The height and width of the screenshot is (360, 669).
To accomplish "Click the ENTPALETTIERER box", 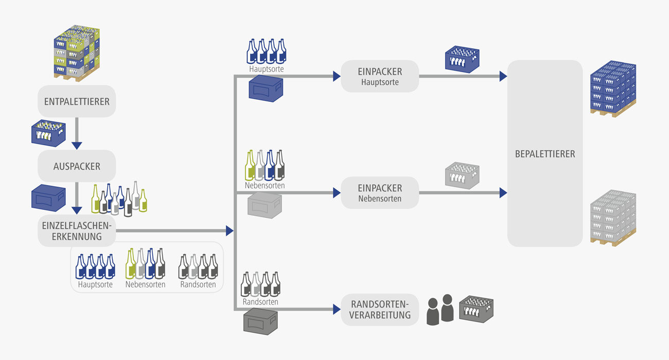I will [x=77, y=101].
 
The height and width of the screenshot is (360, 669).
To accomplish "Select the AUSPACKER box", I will [x=77, y=166].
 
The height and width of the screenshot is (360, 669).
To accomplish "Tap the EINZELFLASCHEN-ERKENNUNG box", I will [x=77, y=231].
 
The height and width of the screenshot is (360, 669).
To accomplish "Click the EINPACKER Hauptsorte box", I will [x=380, y=77].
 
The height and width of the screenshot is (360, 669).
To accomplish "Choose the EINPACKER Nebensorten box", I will [x=380, y=193].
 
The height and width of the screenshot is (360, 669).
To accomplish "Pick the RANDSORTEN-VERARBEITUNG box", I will [x=380, y=310].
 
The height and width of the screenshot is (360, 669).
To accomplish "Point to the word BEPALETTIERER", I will [x=545, y=153].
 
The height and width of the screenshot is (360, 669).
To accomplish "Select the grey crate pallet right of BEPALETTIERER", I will [x=613, y=218].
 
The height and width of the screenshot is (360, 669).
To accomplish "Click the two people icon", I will [x=441, y=309].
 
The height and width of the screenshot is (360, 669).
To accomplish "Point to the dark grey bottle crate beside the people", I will [x=476, y=310].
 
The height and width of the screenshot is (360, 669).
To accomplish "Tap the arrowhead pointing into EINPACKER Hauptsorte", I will [x=337, y=77].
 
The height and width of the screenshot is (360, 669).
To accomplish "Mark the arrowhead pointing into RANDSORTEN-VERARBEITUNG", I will [x=337, y=310].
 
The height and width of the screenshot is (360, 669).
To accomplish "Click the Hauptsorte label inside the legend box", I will [x=95, y=284].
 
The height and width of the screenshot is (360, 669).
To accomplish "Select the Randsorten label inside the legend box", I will [x=198, y=284].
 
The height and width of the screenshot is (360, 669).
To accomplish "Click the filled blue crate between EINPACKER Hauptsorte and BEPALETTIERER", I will [x=462, y=59].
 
